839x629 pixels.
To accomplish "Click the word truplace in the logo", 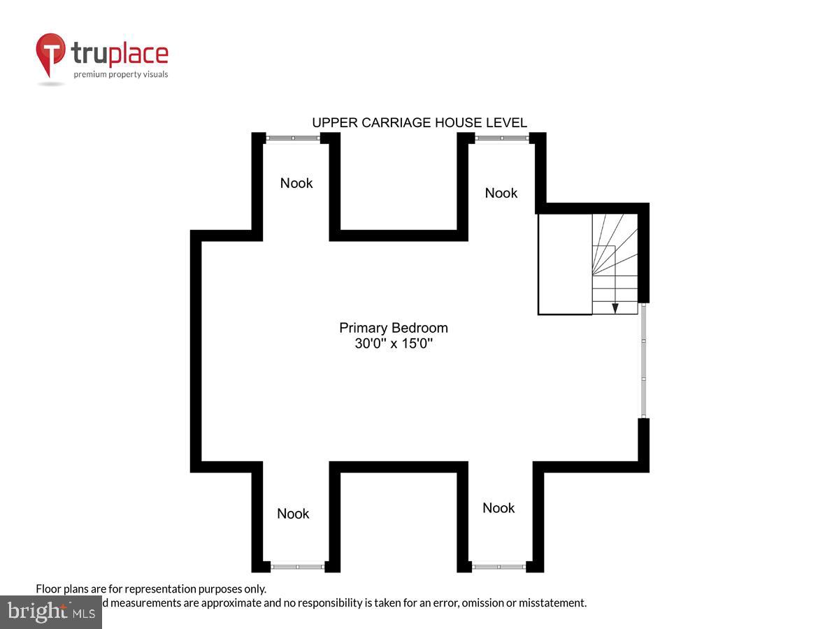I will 120,54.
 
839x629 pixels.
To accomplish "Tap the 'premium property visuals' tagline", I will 121,74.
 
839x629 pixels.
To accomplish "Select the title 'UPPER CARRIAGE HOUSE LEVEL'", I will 419,123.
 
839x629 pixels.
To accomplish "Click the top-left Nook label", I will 296,183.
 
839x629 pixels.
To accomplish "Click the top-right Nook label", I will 501,193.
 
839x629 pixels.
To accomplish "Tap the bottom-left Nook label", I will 293,514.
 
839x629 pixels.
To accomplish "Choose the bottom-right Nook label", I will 499,508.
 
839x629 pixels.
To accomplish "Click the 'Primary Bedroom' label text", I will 394,328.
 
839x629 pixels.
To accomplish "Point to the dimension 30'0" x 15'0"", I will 394,344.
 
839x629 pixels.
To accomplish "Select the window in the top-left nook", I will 293,138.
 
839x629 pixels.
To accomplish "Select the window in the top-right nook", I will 501,138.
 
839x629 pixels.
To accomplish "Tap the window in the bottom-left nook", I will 297,566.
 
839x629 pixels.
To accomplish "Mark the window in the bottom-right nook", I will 499,566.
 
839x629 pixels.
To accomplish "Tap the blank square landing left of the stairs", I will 565,264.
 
